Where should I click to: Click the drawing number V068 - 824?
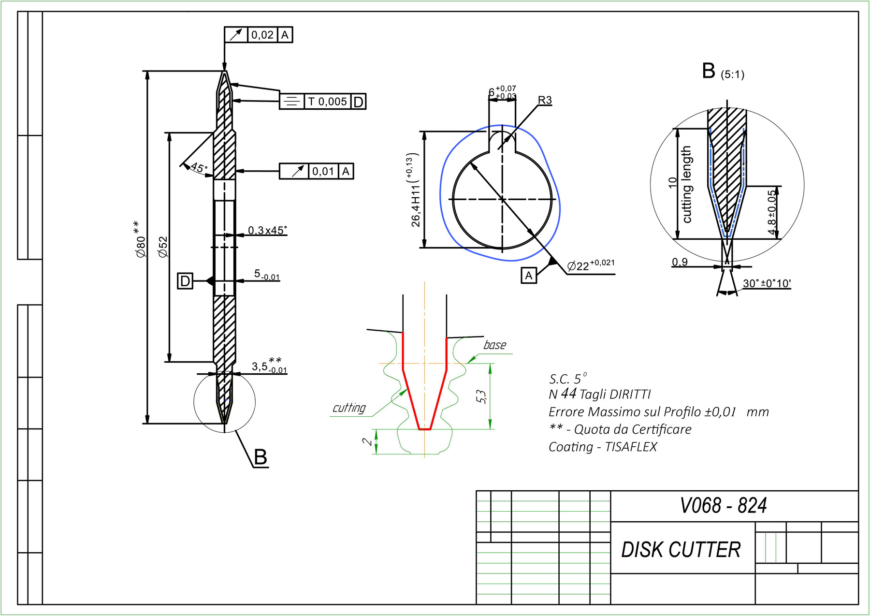tap(723, 506)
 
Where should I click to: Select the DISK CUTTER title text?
tap(681, 550)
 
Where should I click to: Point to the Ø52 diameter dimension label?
tap(163, 247)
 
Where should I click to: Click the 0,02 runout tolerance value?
tap(262, 35)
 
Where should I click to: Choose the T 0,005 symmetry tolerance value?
tap(327, 102)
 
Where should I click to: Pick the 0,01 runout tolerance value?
tap(323, 171)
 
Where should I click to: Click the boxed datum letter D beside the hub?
tap(185, 281)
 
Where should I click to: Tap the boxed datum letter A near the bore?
tap(529, 276)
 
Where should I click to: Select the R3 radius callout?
tap(545, 100)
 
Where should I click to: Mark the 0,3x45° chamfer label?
tap(267, 230)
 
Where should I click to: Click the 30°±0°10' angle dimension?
tap(767, 283)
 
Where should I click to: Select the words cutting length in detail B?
tap(686, 184)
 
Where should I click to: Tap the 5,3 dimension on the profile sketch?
tap(481, 396)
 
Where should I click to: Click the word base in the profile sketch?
tap(494, 345)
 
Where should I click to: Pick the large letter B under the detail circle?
tap(261, 457)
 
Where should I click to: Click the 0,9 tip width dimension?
tap(680, 262)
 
